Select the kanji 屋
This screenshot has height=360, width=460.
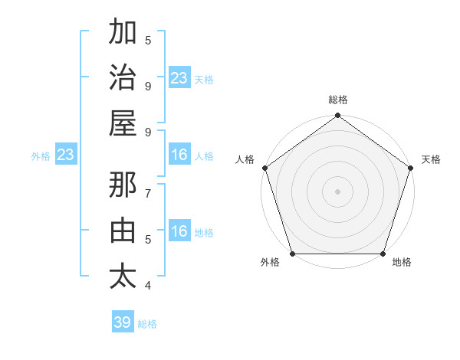[x=123, y=123]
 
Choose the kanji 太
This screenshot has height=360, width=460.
[x=123, y=276]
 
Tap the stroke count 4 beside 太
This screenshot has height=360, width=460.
[x=148, y=286]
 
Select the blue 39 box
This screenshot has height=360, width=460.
[x=123, y=322]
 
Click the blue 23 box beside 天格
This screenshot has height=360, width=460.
[x=179, y=78]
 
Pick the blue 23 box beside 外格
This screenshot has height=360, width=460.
[x=66, y=155]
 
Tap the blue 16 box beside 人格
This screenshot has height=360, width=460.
[x=179, y=155]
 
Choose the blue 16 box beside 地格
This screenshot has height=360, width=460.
[x=179, y=232]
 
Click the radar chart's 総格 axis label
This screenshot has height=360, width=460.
[x=337, y=100]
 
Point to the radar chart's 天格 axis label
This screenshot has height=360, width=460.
[x=431, y=159]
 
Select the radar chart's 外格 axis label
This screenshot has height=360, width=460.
[x=270, y=263]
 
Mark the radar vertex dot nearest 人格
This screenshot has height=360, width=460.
[x=265, y=168]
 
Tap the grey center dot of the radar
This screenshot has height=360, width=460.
[x=337, y=191]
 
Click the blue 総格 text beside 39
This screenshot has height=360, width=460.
[x=147, y=324]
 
